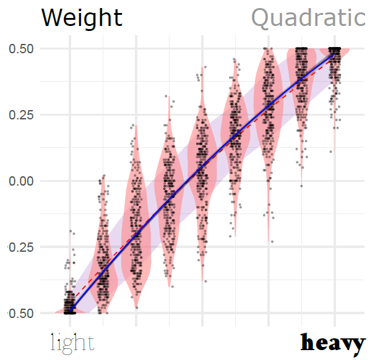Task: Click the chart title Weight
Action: [82, 18]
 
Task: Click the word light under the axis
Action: [72, 342]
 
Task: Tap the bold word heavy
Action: [333, 342]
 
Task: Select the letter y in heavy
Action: [358, 344]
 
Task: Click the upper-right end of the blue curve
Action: [335, 54]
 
